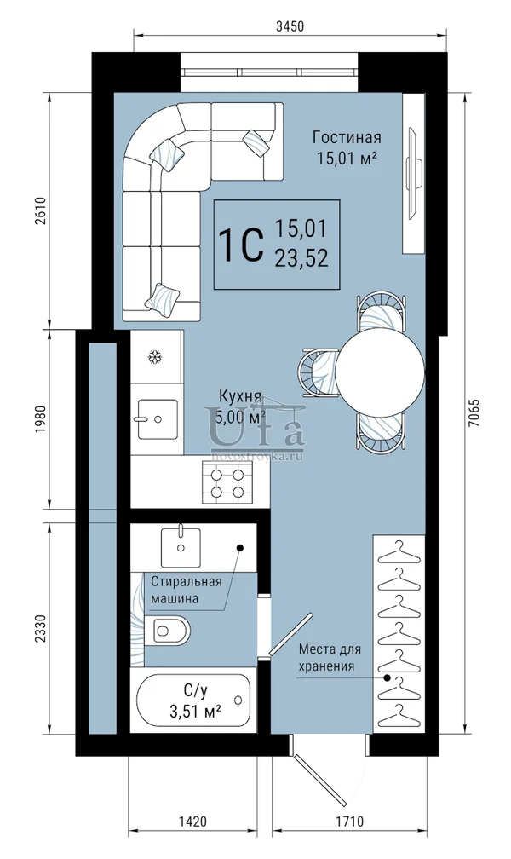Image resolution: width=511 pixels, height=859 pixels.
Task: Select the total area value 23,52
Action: pos(301,257)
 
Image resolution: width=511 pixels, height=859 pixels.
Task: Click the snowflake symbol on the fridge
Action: pos(156,357)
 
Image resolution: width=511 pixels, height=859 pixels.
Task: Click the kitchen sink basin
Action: pos(158,419)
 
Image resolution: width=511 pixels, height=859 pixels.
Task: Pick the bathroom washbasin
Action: pos(181,547)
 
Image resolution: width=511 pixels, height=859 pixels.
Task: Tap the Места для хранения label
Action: pos(330,657)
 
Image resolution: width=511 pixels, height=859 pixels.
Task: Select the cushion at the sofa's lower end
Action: pos(163,299)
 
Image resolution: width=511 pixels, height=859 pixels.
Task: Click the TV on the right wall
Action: pos(414,174)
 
